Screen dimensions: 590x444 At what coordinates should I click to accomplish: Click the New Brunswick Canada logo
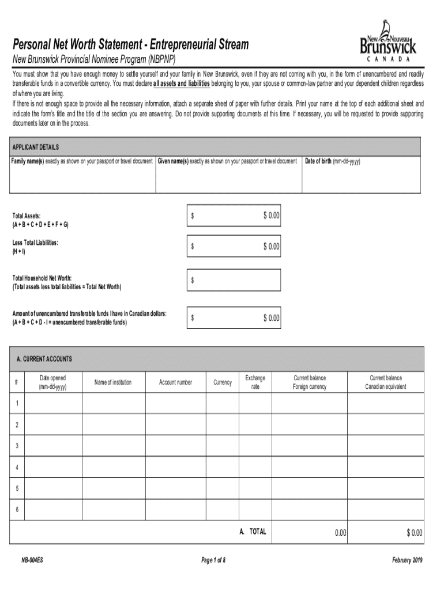[x=387, y=41]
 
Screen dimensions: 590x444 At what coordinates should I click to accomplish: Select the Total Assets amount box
[x=234, y=215]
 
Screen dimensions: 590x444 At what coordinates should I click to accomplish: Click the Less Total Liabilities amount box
[x=234, y=247]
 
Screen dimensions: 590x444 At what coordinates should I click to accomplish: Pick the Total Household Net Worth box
[x=234, y=280]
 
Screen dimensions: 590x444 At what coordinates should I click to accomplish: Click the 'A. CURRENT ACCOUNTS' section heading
[x=44, y=359]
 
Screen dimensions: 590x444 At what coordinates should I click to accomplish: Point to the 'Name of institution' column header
[x=113, y=383]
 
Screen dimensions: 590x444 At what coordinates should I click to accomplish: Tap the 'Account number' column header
[x=176, y=383]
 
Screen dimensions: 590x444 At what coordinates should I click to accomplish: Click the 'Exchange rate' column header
[x=255, y=383]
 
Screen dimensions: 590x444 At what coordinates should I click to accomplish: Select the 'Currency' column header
[x=222, y=383]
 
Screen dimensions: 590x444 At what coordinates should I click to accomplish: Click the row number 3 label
[x=17, y=446]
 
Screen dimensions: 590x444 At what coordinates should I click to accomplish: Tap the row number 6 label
[x=17, y=509]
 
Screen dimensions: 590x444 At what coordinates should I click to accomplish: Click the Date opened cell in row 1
[x=52, y=403]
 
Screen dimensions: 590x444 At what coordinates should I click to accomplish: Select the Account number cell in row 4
[x=176, y=467]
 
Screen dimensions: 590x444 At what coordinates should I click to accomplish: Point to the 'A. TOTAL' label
[x=253, y=532]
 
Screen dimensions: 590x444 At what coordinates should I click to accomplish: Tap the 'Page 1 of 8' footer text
[x=213, y=560]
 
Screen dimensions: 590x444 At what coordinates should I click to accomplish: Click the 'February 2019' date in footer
[x=407, y=560]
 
